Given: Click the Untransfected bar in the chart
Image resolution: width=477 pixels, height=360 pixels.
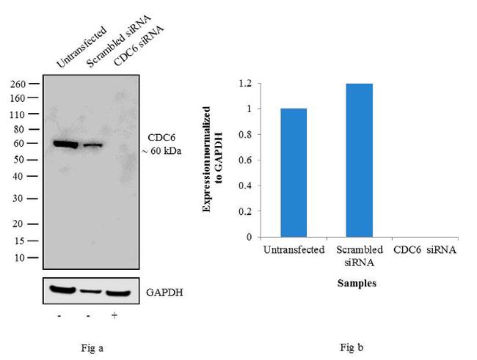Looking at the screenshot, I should click(x=294, y=172).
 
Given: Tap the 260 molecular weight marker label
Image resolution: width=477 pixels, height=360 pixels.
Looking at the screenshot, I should click(x=19, y=84).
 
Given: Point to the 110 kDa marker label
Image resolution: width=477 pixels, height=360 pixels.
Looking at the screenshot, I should click(x=19, y=114).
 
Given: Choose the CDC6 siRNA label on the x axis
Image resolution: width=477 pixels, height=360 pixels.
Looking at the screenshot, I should click(x=425, y=250).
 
